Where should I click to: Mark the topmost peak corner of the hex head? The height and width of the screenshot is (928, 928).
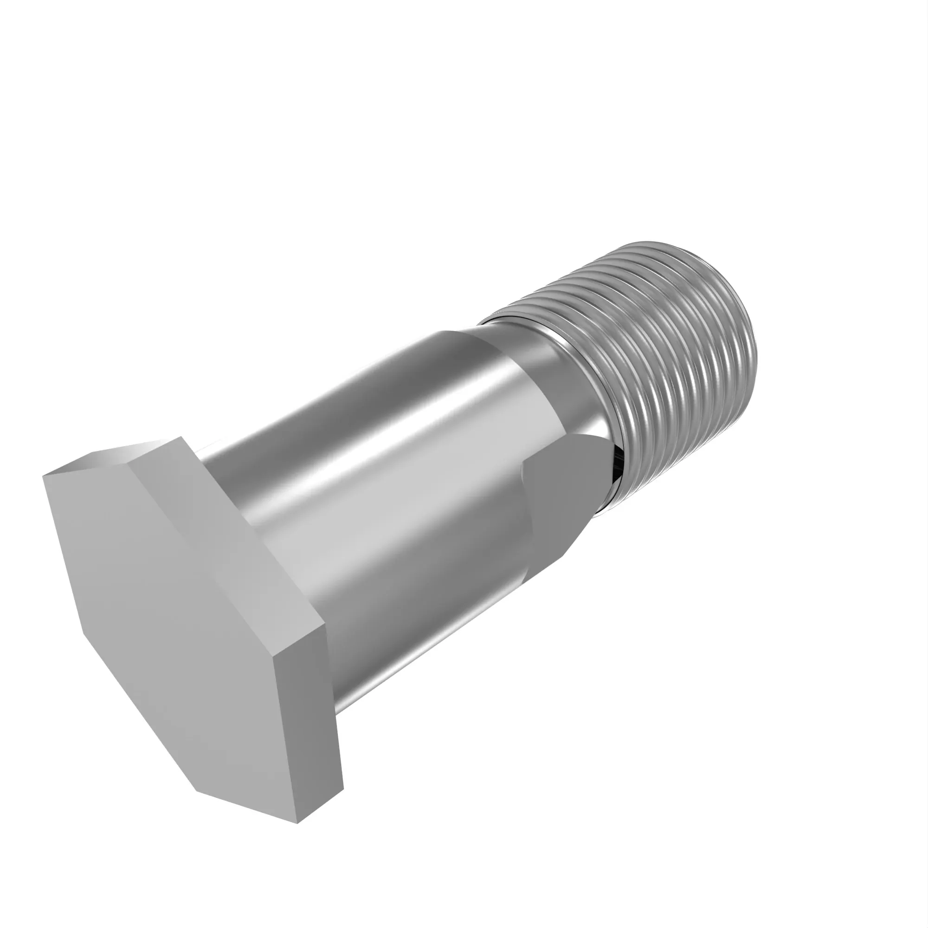coord(180,437)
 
